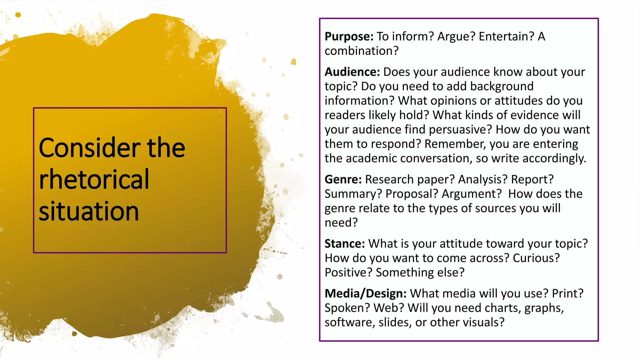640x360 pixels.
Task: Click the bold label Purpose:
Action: point(349,37)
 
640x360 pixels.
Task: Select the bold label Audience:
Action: point(352,72)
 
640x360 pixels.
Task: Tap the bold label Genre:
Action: point(343,180)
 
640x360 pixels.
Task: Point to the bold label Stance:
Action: point(345,244)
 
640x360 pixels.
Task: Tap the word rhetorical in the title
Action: point(94,180)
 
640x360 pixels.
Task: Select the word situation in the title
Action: point(89,212)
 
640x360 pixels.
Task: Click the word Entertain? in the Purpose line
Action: point(507,37)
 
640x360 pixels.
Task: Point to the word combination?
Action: point(362,51)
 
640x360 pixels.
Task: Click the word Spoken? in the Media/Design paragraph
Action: point(347,308)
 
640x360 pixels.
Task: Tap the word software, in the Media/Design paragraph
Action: point(350,322)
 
